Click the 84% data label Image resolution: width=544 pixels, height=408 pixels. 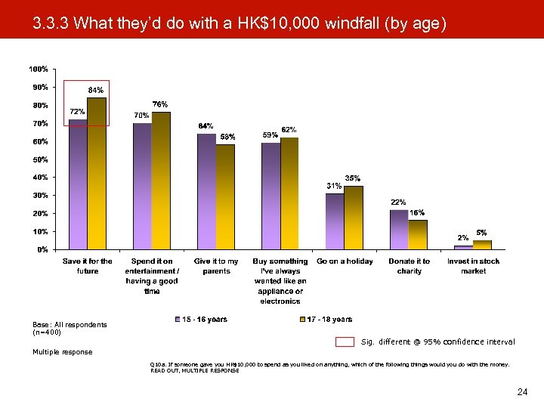point(96,90)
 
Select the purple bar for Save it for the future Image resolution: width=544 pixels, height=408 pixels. point(78,184)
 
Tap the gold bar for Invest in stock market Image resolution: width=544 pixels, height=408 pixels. point(482,244)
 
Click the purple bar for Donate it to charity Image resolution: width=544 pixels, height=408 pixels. point(399,229)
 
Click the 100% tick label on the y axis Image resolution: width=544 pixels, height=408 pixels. point(38,69)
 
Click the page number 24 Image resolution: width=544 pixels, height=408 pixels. point(521,391)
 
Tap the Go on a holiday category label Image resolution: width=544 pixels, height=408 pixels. point(345,261)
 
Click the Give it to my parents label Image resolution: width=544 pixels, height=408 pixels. point(216,266)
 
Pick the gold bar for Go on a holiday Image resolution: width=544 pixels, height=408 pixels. point(353,218)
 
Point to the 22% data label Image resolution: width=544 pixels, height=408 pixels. point(398,202)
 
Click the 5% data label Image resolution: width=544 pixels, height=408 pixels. point(481,233)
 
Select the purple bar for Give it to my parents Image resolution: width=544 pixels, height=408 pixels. point(206,191)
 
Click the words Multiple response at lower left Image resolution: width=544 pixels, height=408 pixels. point(62,352)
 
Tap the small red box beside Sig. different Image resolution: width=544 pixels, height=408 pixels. point(345,342)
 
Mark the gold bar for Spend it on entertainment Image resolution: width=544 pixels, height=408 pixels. point(161,181)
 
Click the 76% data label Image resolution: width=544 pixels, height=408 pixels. point(160,104)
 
